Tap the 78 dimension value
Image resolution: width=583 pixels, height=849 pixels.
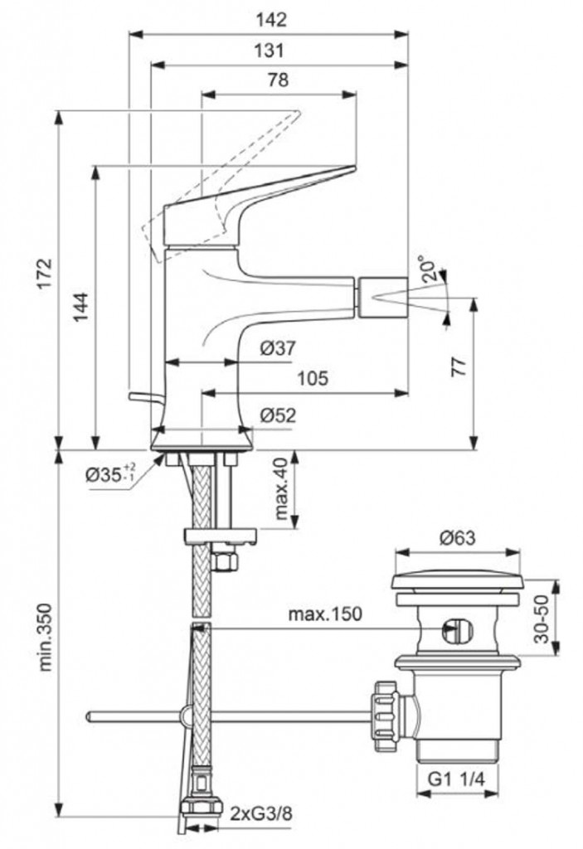pos(279,80)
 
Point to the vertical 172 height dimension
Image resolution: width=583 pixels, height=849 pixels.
pos(44,279)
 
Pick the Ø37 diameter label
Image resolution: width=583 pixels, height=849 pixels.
pos(277,349)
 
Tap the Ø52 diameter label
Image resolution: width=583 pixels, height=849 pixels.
pos(277,415)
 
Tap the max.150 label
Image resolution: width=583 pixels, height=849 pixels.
pos(326,614)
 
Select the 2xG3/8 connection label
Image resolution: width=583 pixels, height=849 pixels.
pos(260,813)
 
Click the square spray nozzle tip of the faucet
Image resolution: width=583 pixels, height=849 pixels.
pos(382,297)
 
